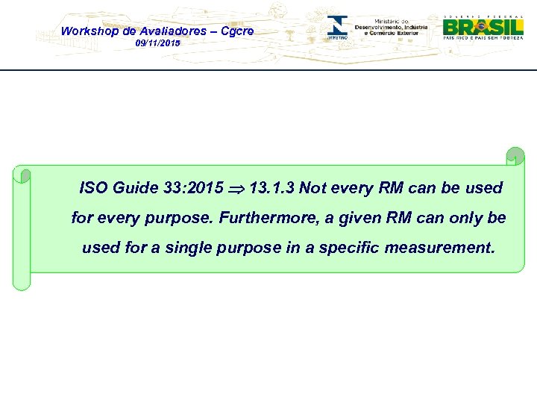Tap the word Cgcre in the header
point(236,31)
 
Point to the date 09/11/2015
point(157,44)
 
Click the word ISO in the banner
point(93,188)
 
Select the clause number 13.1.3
point(272,188)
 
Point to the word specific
point(349,248)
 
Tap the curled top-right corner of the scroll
point(515,157)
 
